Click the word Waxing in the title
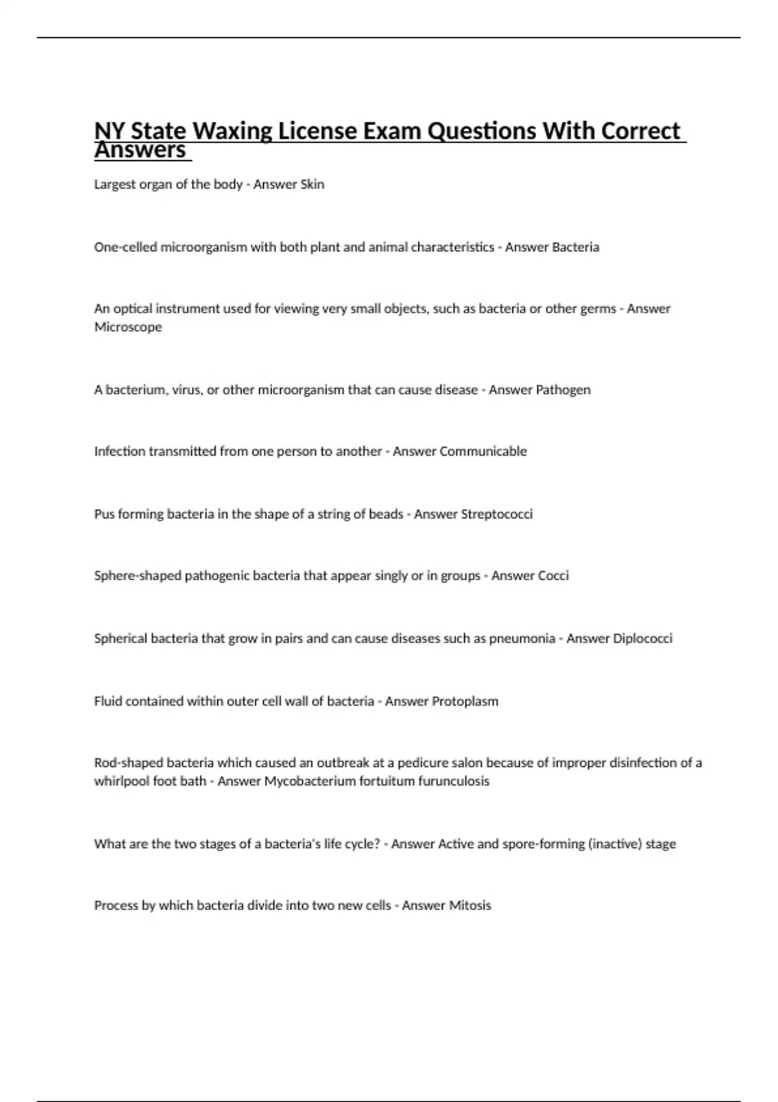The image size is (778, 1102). (x=231, y=131)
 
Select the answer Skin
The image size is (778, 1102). (x=312, y=184)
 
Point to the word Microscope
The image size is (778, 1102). (x=128, y=327)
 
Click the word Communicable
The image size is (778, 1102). (x=483, y=451)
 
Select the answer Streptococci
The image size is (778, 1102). (x=497, y=514)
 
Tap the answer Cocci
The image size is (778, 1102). (x=549, y=576)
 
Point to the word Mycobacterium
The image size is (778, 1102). (x=306, y=781)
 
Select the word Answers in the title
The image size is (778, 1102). (x=140, y=151)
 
